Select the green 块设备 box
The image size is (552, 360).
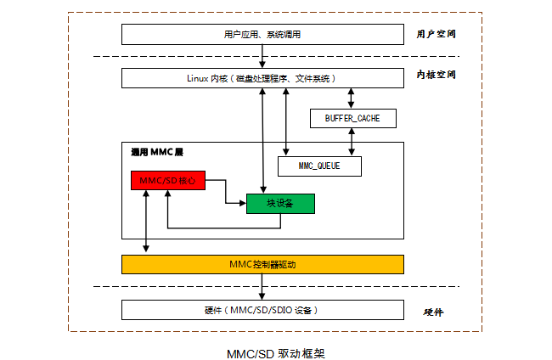pyautogui.click(x=280, y=203)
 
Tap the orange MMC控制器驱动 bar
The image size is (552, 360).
pyautogui.click(x=262, y=264)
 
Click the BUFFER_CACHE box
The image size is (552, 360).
pyautogui.click(x=352, y=118)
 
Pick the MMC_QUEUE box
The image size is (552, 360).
pyautogui.click(x=319, y=166)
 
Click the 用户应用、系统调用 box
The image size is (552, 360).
pyautogui.click(x=262, y=35)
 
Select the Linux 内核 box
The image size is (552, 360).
pyautogui.click(x=262, y=78)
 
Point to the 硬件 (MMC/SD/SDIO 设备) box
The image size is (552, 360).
pyautogui.click(x=262, y=310)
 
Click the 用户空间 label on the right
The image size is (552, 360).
pyautogui.click(x=437, y=35)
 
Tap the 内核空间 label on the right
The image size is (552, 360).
pyautogui.click(x=437, y=75)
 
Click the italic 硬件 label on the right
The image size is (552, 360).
pyautogui.click(x=433, y=312)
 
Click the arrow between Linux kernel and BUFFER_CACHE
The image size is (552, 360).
pyautogui.click(x=351, y=98)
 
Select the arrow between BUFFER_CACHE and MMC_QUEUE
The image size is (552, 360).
pyautogui.click(x=351, y=142)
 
